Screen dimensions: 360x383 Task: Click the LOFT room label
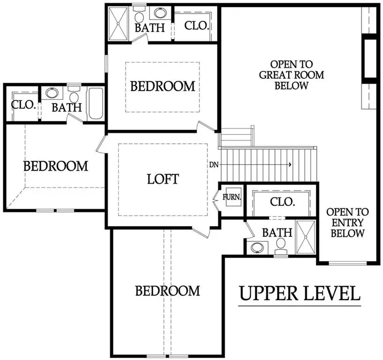pos(163,179)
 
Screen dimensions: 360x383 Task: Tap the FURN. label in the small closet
pos(232,197)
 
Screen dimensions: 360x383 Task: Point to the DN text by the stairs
pos(214,165)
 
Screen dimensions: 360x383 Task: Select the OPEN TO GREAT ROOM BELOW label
pos(291,75)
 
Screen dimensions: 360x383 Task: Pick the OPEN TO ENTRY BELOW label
pos(347,223)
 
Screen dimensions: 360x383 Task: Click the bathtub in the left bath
pos(97,104)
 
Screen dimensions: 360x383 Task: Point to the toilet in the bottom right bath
pos(281,245)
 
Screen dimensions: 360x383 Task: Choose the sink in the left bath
pos(52,93)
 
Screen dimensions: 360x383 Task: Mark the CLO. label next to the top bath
pos(196,25)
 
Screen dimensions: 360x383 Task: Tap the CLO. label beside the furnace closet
pos(283,202)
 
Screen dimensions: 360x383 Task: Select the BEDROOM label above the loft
pos(162,86)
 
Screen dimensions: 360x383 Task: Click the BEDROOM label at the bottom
pos(167,291)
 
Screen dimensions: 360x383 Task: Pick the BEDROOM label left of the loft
pos(56,166)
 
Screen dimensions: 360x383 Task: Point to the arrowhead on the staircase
pos(291,165)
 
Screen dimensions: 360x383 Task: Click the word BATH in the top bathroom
pos(150,28)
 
